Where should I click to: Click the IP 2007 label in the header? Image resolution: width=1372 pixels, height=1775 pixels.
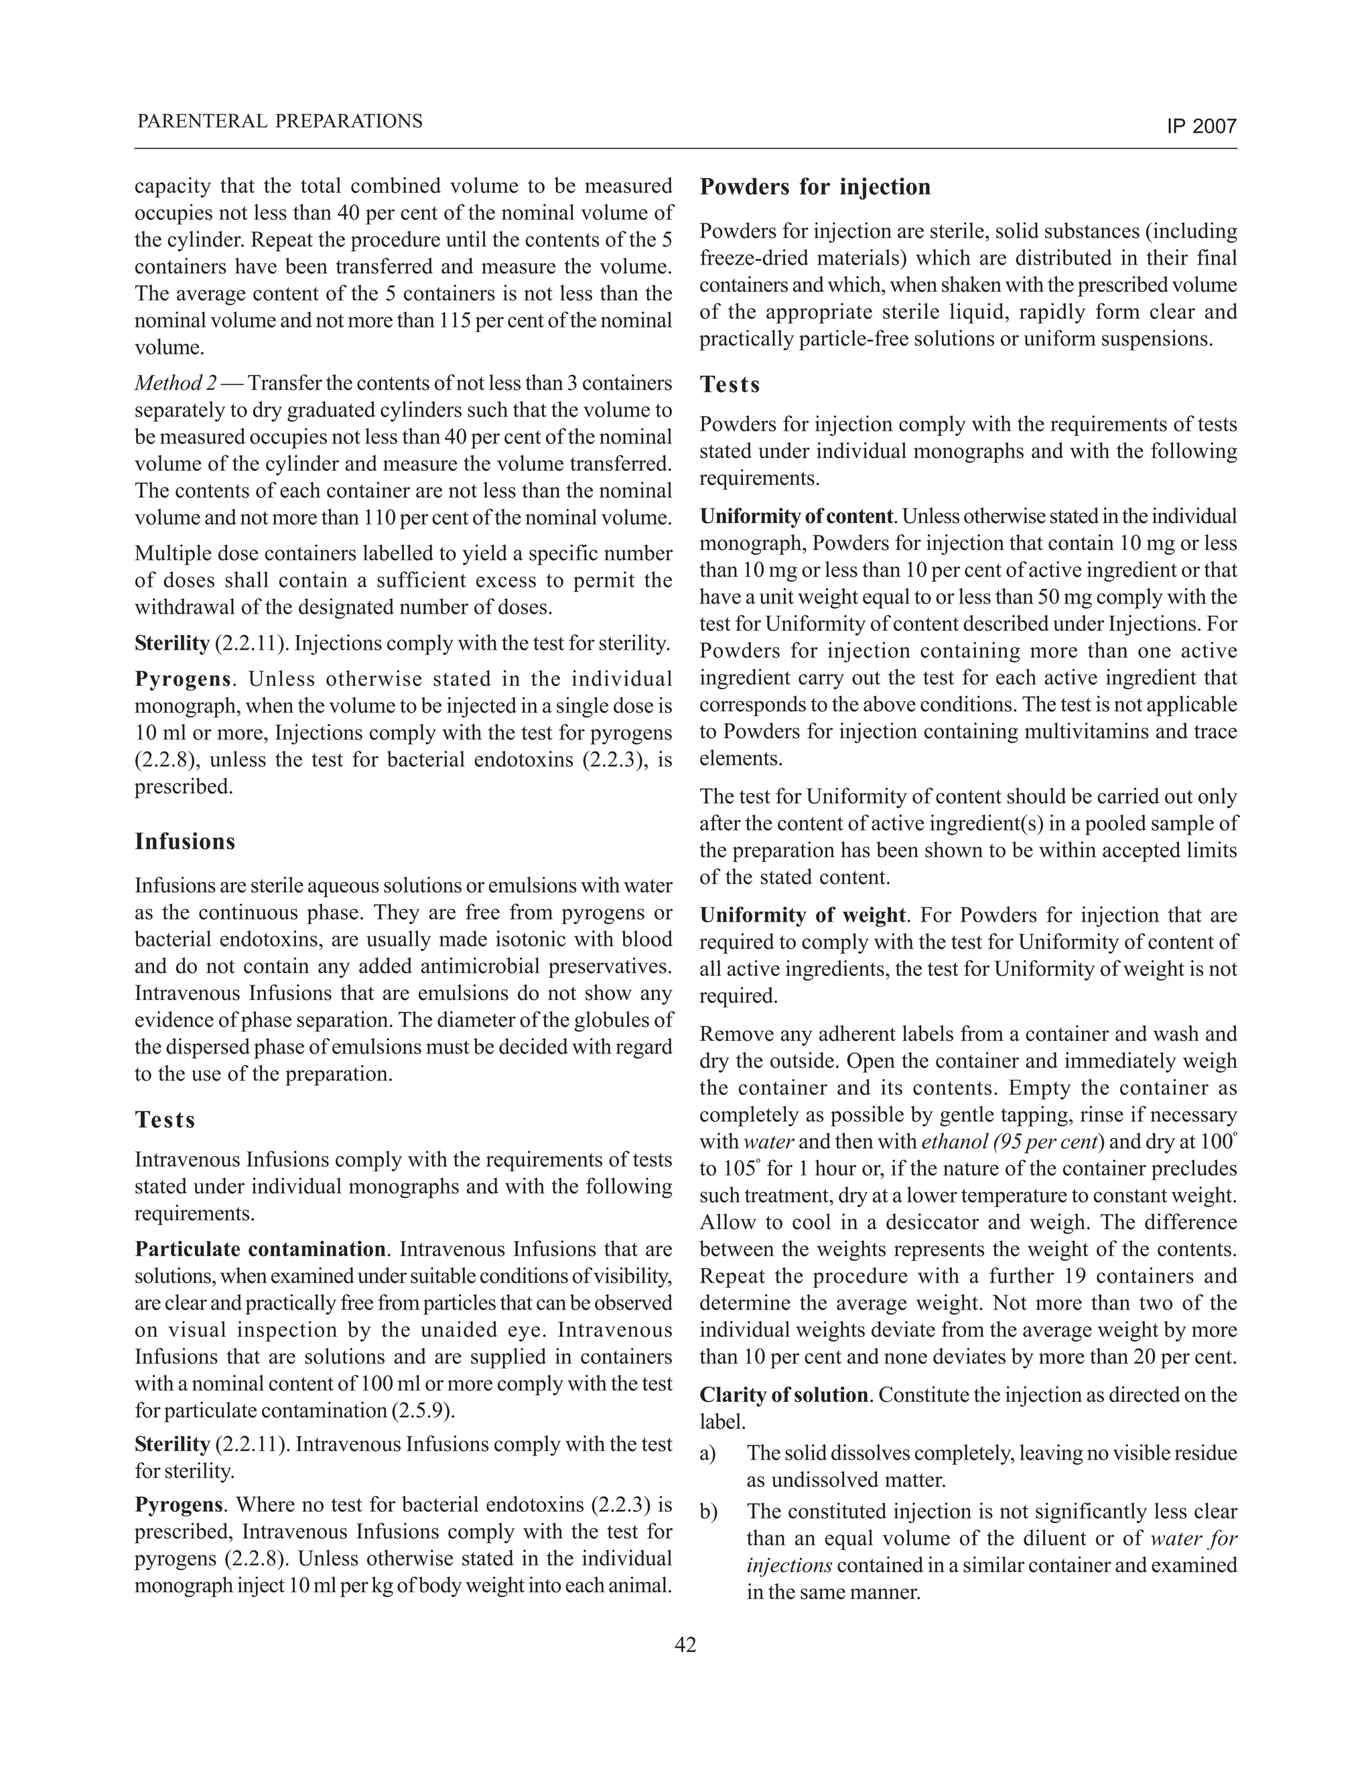click(1201, 127)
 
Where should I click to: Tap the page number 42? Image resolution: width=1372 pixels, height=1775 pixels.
click(685, 1645)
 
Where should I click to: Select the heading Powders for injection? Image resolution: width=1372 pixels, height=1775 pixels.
click(815, 187)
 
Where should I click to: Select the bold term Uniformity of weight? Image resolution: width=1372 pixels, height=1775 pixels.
click(801, 915)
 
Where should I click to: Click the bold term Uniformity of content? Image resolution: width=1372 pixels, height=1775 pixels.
click(797, 517)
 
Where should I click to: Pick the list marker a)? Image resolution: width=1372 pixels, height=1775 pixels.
click(708, 1452)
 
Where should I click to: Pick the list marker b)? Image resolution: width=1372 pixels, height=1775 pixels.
click(708, 1512)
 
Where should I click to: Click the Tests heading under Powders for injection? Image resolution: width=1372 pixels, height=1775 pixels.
click(730, 384)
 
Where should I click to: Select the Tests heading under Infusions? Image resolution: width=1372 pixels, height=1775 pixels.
click(165, 1120)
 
